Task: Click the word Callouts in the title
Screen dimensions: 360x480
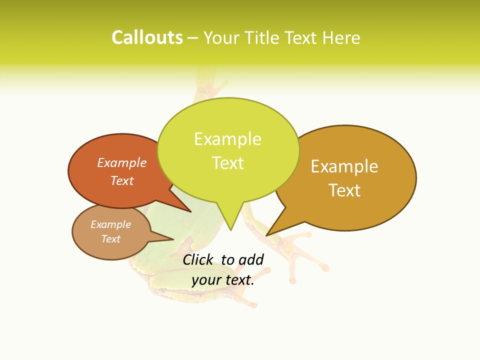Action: click(x=147, y=37)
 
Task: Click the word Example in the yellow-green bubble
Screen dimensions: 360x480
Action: click(x=227, y=139)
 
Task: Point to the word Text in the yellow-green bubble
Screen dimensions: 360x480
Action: click(x=227, y=163)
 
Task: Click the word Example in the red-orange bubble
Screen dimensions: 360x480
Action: click(x=122, y=162)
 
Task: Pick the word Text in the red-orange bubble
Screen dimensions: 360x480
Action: click(x=122, y=180)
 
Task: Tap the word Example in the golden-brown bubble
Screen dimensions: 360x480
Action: click(x=344, y=166)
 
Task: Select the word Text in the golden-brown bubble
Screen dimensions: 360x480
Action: click(x=344, y=190)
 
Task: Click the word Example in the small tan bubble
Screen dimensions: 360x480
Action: click(x=110, y=224)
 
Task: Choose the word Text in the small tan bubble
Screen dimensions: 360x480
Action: click(x=110, y=239)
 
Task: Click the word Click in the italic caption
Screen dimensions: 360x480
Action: click(x=198, y=259)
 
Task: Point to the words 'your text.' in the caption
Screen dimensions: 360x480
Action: click(x=223, y=280)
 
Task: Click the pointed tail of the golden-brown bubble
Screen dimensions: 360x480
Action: click(x=272, y=230)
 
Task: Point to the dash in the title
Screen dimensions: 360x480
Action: click(x=193, y=38)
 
